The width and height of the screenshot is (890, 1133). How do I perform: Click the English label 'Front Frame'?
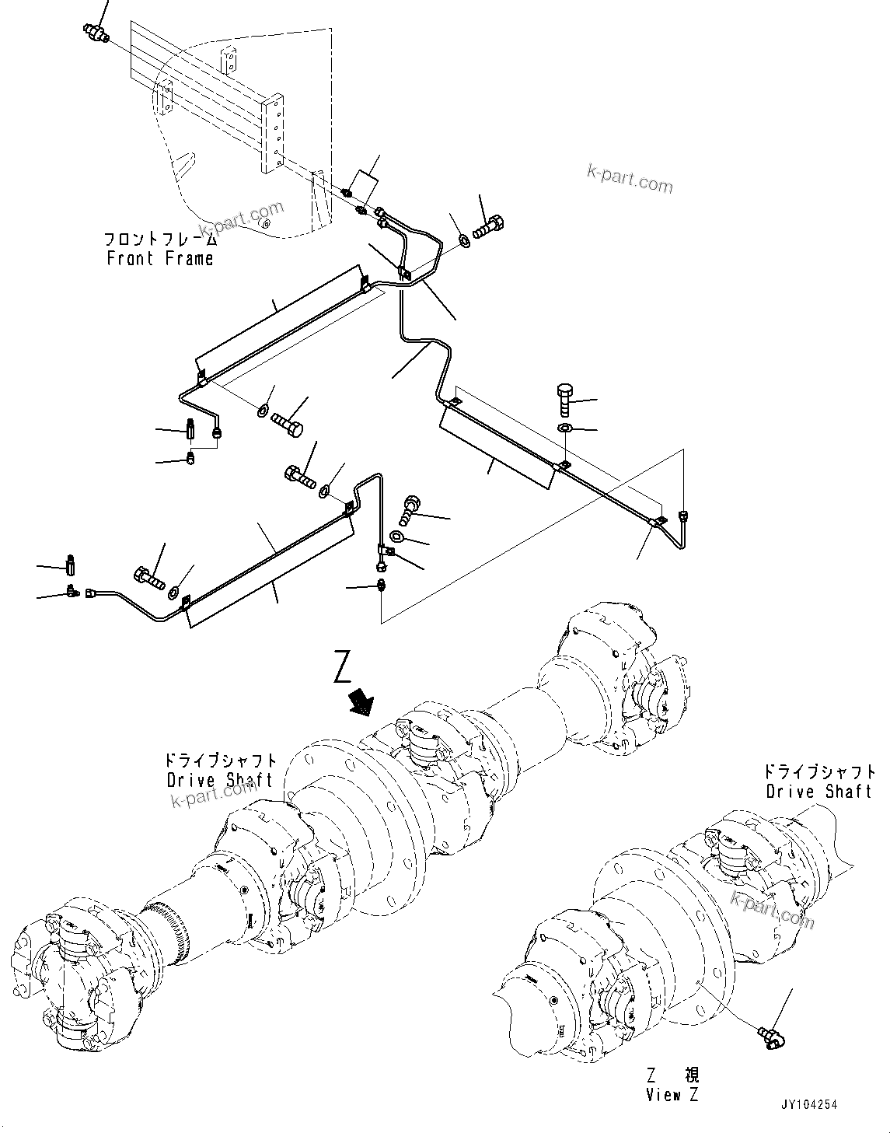coord(160,259)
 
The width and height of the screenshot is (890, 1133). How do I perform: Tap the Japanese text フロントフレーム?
coord(161,240)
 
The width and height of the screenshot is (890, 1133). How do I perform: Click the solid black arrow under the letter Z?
coord(361,701)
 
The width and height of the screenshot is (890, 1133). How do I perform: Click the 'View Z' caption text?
coord(672,1095)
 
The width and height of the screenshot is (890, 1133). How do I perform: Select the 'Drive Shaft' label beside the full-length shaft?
coord(220,779)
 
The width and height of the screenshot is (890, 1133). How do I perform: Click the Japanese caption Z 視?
coord(673,1076)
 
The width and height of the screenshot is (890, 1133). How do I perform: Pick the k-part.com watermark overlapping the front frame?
coord(241,219)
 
